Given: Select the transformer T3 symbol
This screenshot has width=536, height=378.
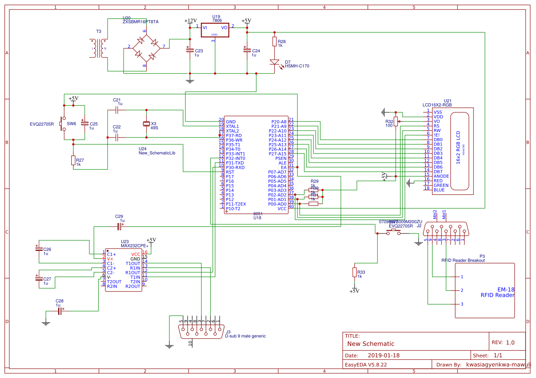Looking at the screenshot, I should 99,48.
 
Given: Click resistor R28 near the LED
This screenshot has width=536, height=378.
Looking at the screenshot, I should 274,42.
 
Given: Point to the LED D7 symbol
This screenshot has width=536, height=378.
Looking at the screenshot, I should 274,63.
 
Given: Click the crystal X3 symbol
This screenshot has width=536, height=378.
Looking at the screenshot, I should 146,123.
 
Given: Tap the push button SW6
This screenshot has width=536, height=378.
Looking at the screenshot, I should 64,123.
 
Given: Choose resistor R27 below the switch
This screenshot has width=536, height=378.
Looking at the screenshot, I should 73,160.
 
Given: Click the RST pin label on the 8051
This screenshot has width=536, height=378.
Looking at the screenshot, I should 230,172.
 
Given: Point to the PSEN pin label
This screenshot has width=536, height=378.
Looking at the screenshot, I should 281,158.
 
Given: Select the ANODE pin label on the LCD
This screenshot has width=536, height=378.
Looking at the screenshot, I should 441,176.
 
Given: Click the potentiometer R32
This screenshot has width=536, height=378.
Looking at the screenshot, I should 396,121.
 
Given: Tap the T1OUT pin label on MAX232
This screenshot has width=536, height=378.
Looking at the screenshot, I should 133,263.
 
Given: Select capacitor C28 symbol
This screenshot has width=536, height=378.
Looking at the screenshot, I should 59,311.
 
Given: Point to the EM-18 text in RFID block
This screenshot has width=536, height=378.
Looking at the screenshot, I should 506,289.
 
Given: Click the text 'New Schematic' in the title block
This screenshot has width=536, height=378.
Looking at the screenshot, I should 370,344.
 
